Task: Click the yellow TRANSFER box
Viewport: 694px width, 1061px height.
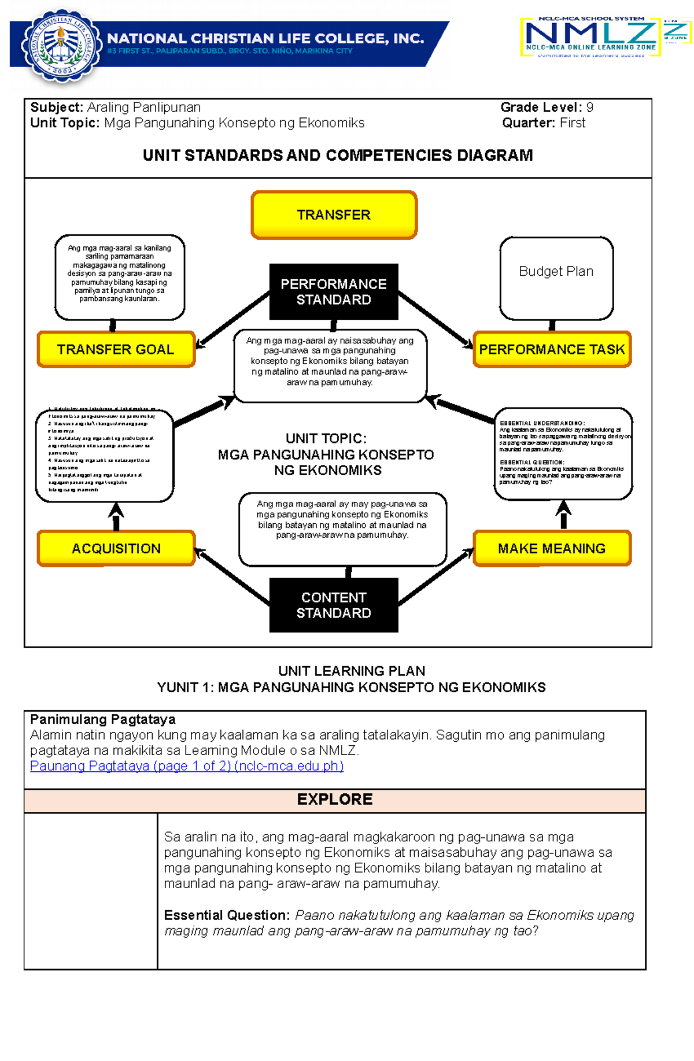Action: [334, 215]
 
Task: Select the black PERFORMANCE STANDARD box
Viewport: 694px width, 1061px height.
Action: [334, 291]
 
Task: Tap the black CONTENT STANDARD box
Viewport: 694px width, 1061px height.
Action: [334, 605]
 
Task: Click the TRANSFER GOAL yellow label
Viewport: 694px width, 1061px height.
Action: [116, 349]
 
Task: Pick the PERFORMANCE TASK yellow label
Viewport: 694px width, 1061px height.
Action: [552, 349]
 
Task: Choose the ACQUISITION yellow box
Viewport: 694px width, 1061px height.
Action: [116, 548]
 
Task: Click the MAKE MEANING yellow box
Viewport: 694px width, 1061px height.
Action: [552, 548]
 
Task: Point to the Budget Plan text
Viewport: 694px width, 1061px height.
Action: [556, 271]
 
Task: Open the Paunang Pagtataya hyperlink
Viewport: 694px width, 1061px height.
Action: [187, 766]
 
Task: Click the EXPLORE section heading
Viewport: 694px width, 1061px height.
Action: [334, 799]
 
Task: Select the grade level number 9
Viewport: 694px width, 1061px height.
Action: [589, 107]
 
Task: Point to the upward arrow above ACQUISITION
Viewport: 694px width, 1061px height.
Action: [116, 515]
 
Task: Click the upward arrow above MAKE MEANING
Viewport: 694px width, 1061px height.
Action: [563, 513]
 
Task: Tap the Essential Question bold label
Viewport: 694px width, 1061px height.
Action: [226, 915]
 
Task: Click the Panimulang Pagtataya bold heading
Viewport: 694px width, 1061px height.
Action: [102, 719]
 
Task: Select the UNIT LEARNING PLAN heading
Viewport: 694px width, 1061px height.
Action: [351, 671]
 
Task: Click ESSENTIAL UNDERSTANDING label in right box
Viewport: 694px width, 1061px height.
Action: [542, 423]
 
